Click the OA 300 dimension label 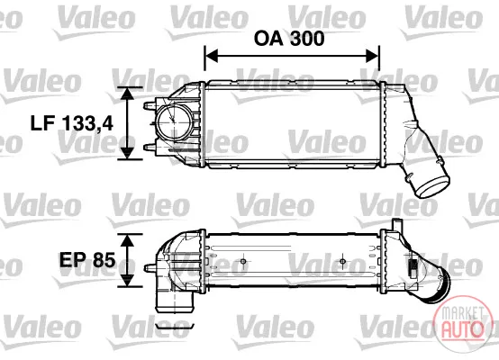tap(289, 38)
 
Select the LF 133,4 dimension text tap(71, 123)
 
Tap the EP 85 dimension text tap(87, 260)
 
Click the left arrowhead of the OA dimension tap(212, 56)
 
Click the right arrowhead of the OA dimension tap(373, 56)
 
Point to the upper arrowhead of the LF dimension tap(128, 94)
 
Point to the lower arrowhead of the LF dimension tap(128, 153)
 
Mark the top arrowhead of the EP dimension tap(127, 240)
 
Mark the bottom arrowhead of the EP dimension tap(127, 280)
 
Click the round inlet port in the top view tap(174, 121)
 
